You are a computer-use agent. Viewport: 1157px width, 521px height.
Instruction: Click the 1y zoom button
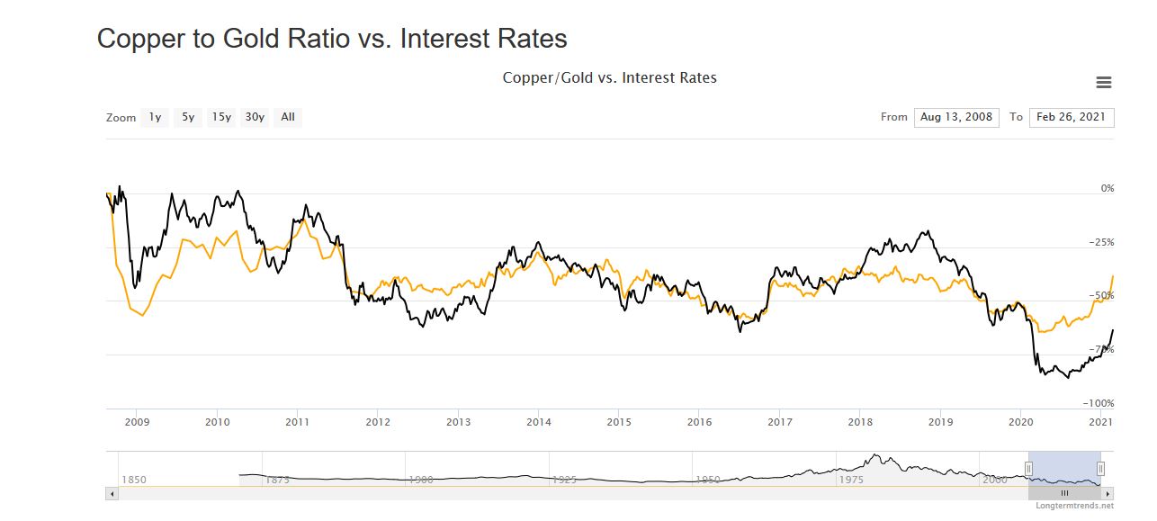(155, 117)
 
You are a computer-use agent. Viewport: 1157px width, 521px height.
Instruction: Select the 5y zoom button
(188, 117)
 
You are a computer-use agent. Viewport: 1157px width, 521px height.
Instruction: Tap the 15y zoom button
(221, 117)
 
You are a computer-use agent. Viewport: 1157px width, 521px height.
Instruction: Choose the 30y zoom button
(255, 117)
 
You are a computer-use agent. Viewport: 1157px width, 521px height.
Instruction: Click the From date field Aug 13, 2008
(956, 117)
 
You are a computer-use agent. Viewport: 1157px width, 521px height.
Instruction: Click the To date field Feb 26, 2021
(1072, 117)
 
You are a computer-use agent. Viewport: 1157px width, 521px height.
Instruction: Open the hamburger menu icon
(1104, 83)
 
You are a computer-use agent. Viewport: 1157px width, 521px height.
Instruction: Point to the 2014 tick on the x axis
(539, 421)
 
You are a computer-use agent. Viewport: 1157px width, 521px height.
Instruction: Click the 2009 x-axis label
(137, 421)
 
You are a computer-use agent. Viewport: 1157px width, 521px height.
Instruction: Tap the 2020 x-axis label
(1021, 421)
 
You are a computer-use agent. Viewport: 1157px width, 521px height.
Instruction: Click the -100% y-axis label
(1099, 403)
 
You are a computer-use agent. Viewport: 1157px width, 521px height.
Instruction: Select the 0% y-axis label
(1108, 188)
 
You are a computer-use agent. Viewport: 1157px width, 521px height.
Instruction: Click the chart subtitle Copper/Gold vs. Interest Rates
(609, 78)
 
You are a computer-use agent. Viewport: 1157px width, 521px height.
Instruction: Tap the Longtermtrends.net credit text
(1074, 506)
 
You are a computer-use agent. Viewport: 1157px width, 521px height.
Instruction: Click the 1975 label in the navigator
(851, 480)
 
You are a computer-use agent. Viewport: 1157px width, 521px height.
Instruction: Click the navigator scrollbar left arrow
(112, 493)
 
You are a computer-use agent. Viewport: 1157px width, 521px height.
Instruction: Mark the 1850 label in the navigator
(133, 480)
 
